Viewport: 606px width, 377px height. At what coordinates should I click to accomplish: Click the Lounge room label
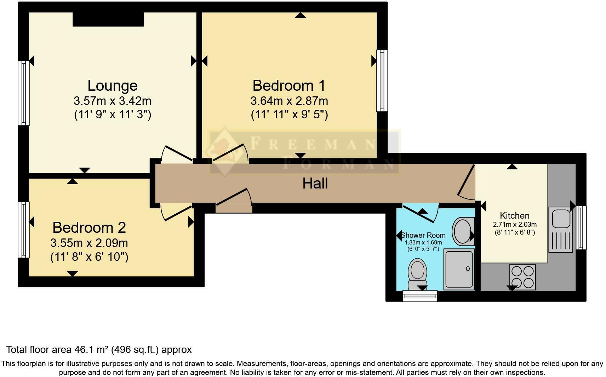(113, 86)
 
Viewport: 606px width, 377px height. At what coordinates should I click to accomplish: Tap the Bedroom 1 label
(289, 86)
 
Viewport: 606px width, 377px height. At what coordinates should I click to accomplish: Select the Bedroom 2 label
(89, 227)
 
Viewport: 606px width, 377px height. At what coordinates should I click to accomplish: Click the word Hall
(315, 184)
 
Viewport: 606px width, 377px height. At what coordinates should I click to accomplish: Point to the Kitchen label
(514, 215)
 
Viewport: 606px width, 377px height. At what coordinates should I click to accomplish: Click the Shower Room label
(423, 235)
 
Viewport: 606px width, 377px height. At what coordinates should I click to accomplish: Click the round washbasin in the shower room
(462, 232)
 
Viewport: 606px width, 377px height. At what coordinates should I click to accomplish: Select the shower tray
(459, 269)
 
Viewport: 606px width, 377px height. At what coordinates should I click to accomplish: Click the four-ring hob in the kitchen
(523, 277)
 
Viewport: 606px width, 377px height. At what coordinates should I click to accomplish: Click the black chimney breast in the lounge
(108, 19)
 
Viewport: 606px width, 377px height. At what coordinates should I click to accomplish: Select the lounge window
(23, 93)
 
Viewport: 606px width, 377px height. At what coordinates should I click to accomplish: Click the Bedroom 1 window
(382, 81)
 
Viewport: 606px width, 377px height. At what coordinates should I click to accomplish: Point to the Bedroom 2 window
(23, 230)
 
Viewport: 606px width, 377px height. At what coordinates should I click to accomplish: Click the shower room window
(420, 296)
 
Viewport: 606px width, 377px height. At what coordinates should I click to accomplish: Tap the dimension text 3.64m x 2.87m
(289, 101)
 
